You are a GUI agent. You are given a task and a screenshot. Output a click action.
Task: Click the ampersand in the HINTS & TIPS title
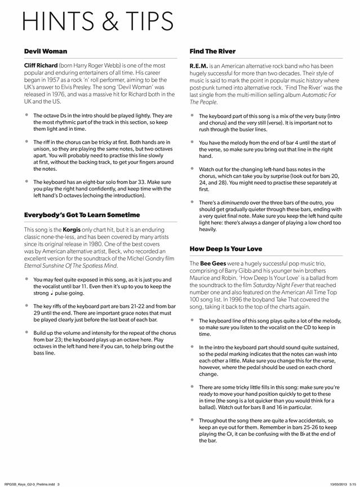tap(104, 21)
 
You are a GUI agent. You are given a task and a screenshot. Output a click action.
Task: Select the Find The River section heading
tap(212, 51)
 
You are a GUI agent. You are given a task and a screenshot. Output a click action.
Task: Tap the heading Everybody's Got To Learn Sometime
tap(82, 215)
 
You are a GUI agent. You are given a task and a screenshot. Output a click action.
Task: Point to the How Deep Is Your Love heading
tap(226, 248)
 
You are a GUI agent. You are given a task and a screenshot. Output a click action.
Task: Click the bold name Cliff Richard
tap(43, 66)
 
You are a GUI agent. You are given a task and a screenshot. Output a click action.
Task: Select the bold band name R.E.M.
tap(199, 66)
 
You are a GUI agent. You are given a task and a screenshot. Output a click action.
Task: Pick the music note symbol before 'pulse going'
tap(52, 293)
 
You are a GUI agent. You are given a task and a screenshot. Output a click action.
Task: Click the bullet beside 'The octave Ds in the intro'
tap(26, 114)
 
